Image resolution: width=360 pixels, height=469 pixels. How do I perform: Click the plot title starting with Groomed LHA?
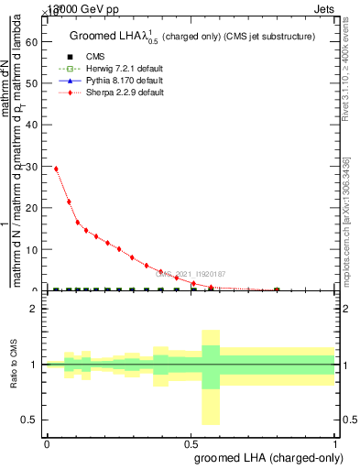(192, 37)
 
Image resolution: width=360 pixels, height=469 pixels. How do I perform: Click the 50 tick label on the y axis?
(34, 83)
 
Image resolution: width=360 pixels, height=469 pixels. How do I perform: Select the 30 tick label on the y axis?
(34, 167)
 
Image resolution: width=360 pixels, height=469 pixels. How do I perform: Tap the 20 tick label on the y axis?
(34, 208)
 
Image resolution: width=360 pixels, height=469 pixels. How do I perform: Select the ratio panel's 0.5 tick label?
(31, 420)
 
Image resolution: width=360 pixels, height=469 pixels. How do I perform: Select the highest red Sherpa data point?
(56, 169)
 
